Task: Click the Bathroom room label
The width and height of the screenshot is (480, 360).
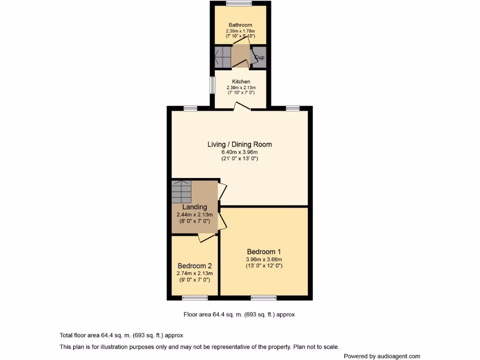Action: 240,25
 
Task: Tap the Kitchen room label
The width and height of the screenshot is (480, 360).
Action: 241,82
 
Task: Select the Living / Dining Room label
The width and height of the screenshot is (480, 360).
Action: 240,144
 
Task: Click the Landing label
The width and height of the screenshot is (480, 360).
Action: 195,207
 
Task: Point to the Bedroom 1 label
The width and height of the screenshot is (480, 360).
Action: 264,252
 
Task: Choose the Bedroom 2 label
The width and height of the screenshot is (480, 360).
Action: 195,266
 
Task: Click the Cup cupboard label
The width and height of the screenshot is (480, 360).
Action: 259,57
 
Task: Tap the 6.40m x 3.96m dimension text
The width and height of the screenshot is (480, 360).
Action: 240,152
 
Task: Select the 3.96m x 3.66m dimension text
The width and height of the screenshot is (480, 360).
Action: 264,259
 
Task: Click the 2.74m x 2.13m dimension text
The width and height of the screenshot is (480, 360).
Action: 195,273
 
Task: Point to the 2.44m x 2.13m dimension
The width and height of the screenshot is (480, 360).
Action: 195,215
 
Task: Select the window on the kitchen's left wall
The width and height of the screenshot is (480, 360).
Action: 211,85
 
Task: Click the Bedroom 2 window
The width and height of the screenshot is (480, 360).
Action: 195,297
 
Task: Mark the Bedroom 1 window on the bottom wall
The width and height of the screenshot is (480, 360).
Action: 263,297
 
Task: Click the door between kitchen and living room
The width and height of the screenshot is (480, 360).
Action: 243,107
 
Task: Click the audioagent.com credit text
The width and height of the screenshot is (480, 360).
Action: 382,356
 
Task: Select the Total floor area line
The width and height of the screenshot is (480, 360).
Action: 121,335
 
